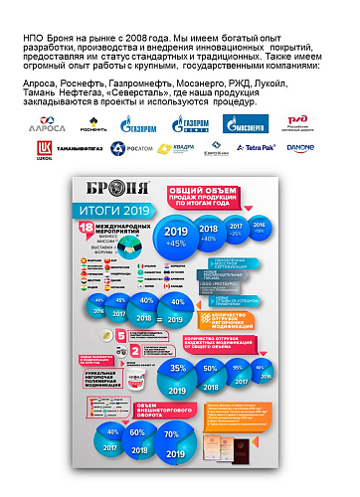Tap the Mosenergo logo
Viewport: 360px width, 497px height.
[x=245, y=123]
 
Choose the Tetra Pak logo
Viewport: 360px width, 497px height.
[x=283, y=148]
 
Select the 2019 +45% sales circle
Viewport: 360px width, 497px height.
[x=177, y=237]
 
